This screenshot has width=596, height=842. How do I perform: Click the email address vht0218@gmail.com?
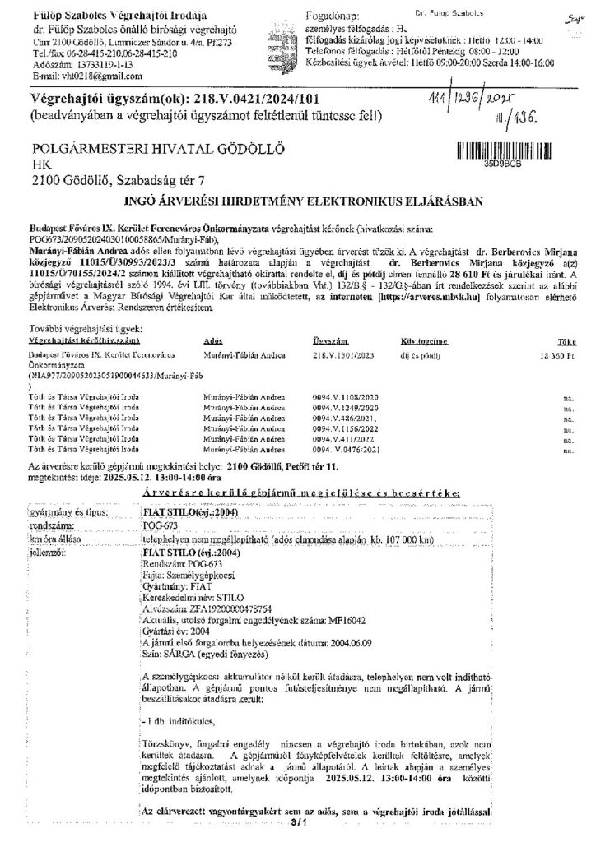tap(80, 75)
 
